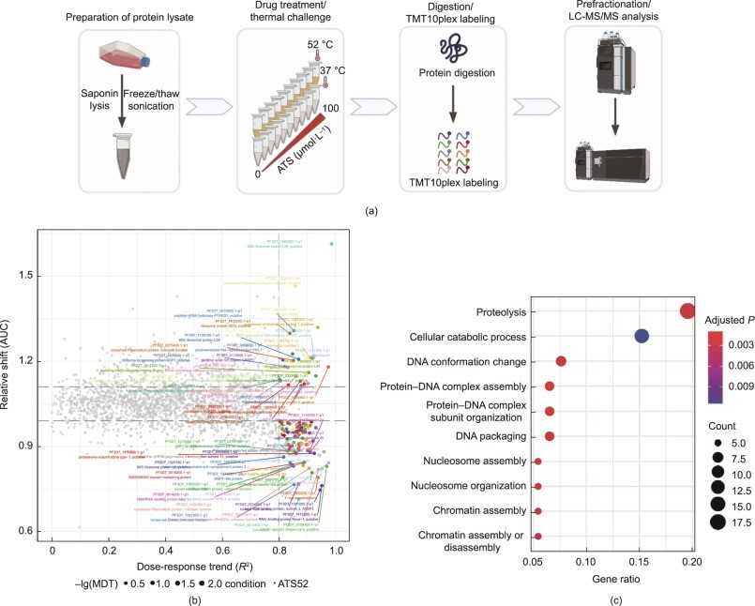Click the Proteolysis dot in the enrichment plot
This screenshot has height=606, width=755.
687,311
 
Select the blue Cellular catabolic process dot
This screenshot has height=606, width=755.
642,336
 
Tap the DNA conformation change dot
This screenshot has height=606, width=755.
561,361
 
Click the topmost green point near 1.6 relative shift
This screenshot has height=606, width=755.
332,244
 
